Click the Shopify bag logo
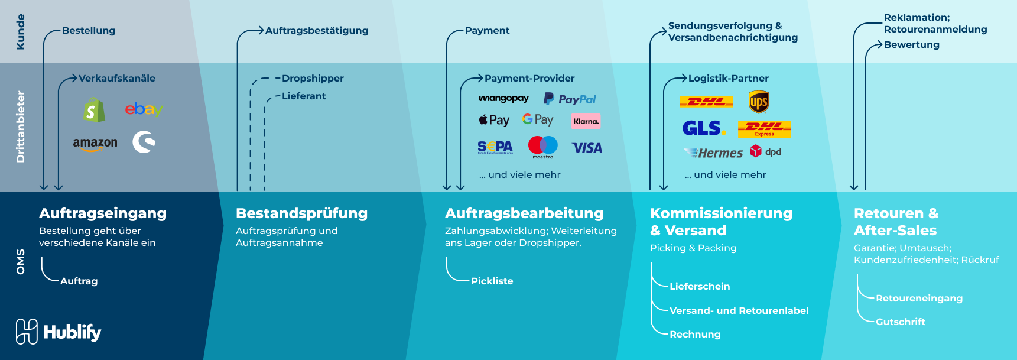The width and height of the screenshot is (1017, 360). [94, 110]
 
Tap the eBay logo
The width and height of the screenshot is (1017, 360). [144, 109]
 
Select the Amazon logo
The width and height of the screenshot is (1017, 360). [95, 144]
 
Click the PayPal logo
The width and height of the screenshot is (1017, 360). [570, 99]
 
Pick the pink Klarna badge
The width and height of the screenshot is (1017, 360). [586, 121]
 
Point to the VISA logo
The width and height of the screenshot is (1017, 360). [587, 148]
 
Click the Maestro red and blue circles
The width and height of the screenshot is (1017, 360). [542, 145]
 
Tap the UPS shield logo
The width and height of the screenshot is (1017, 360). [758, 102]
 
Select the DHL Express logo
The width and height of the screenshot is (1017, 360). [764, 128]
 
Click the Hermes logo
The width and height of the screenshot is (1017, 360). [713, 153]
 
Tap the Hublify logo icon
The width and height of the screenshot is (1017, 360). [27, 332]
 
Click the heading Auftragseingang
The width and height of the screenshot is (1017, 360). [103, 213]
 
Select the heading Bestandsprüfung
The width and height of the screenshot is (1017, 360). [301, 213]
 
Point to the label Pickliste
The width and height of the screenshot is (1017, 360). [492, 281]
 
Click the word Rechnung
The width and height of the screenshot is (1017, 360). [695, 335]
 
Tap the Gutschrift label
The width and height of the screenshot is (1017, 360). [901, 322]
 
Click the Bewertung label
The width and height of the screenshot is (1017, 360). [911, 45]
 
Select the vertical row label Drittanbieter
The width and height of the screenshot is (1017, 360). [21, 127]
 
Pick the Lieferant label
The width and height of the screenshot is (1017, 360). [304, 96]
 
